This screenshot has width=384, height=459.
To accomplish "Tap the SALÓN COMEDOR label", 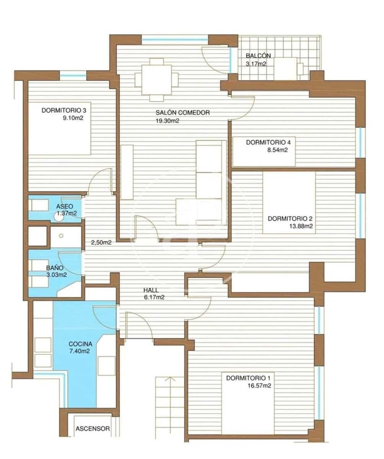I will (183, 113).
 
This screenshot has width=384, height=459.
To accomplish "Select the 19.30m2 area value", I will (168, 121).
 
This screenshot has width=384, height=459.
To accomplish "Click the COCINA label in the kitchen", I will (81, 343).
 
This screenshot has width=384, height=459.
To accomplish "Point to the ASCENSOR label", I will (93, 429).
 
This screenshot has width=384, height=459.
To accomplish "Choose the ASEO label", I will (64, 206).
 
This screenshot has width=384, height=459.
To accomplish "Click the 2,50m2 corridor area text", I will (101, 242).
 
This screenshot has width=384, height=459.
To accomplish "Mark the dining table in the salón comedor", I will (157, 79).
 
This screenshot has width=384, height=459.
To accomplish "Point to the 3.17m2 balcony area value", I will (256, 64).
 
